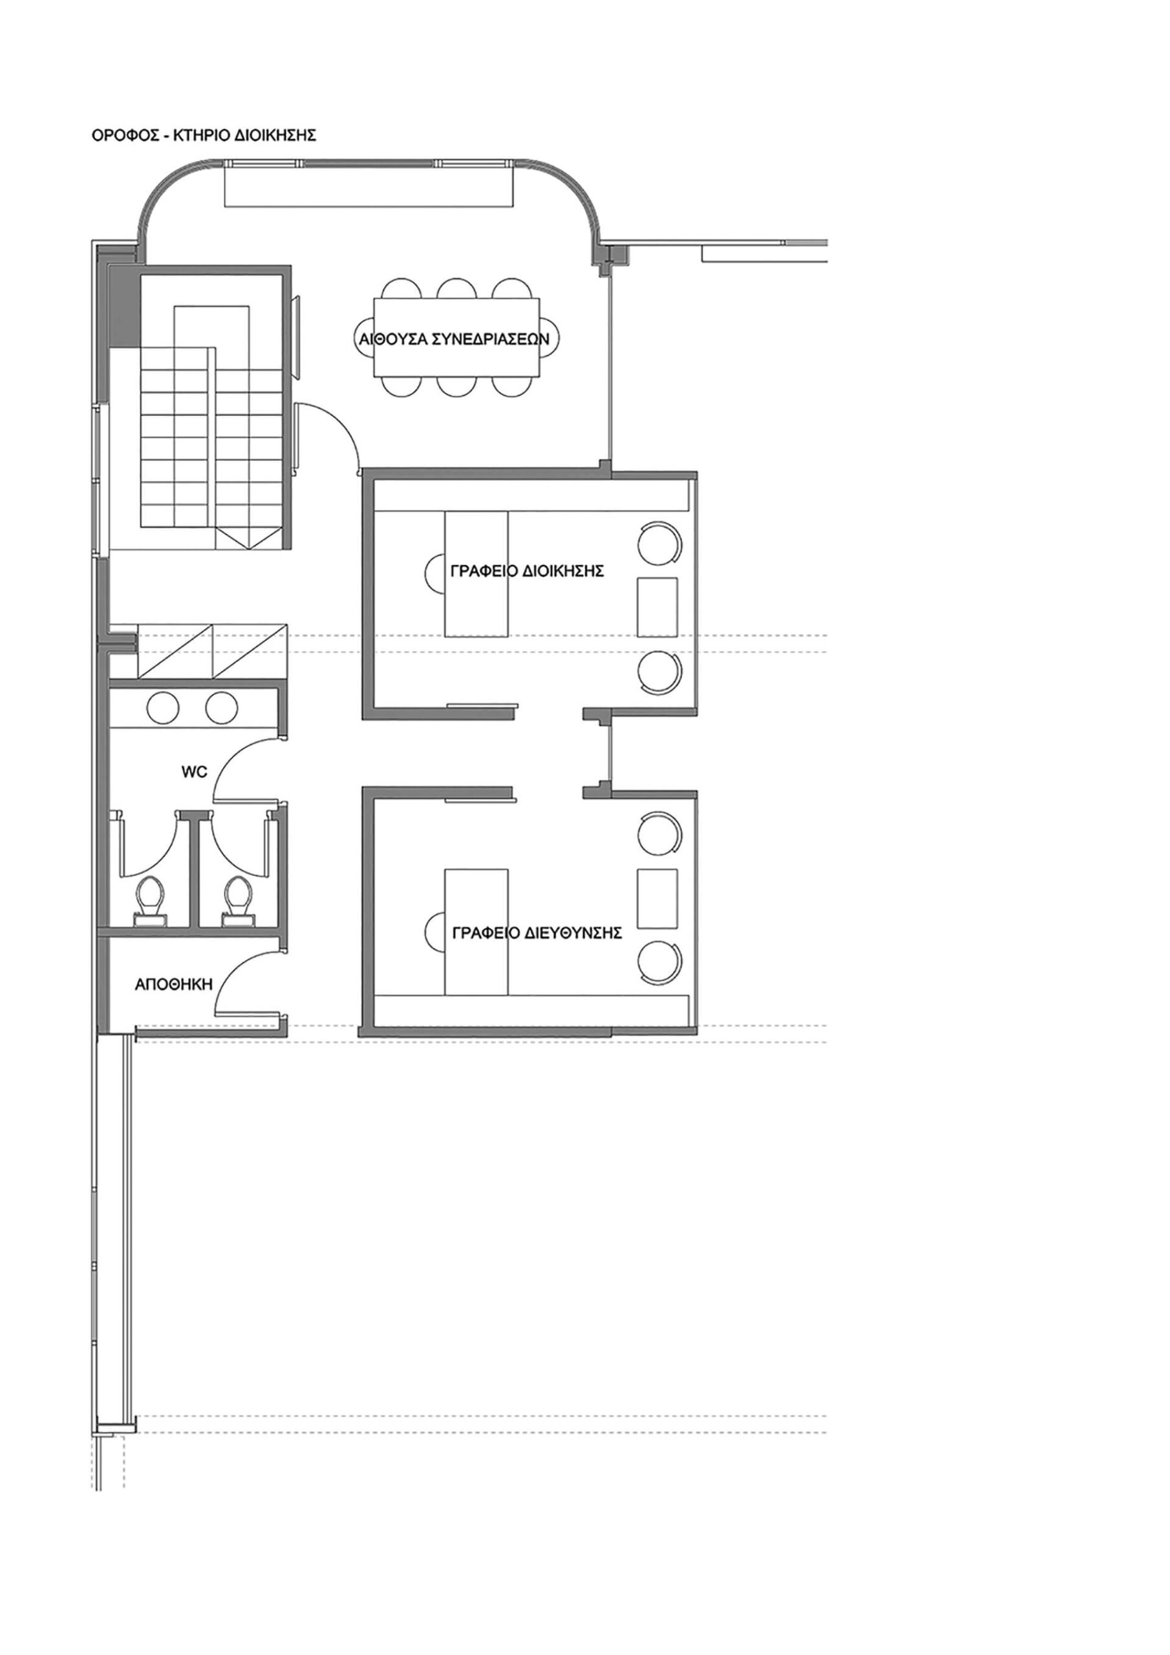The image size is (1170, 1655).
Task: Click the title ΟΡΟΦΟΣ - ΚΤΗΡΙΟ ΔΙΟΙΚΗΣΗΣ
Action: [x=204, y=136]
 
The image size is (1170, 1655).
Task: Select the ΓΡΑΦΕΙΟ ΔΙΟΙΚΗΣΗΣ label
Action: [x=526, y=571]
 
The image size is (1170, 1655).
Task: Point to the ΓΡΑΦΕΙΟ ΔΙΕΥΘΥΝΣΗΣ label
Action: [x=537, y=933]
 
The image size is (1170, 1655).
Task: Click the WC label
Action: [x=195, y=772]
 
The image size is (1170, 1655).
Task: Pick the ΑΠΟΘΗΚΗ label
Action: [x=174, y=985]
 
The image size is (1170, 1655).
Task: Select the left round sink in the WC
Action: [x=162, y=708]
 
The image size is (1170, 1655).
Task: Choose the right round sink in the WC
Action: [x=222, y=708]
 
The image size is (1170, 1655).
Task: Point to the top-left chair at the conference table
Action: [x=400, y=288]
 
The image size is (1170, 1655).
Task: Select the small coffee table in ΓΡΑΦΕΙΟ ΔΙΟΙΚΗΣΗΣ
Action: [x=657, y=606]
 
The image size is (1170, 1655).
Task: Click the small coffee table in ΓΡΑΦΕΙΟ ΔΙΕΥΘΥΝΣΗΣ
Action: [x=657, y=899]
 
